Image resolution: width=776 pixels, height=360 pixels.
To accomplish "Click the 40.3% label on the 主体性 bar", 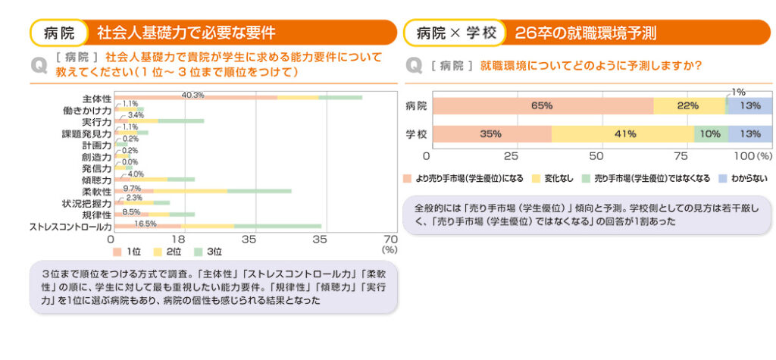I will point(193,95).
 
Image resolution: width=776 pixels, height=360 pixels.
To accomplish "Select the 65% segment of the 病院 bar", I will point(542,106).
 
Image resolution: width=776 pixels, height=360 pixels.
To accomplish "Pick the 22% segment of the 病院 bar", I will point(688,106).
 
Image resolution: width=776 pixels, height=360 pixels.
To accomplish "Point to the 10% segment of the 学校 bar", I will point(711,134).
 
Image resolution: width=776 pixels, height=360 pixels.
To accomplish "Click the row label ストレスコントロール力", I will point(70,226).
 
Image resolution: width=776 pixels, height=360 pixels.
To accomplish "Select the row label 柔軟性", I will point(97,192).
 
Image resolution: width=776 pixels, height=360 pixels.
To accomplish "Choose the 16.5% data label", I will point(145,224).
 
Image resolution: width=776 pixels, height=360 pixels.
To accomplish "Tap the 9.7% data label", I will point(132,188).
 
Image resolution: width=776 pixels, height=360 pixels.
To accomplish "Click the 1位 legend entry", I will point(128,251).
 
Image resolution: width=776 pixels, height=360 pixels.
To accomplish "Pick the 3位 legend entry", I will point(208,251).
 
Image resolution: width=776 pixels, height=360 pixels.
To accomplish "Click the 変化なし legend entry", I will point(557,178).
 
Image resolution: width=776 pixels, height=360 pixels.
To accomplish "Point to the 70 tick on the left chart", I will point(391,239).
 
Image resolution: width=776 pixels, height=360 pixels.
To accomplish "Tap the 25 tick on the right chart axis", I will point(511,155).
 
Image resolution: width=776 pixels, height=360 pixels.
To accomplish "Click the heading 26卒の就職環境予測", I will point(585,33).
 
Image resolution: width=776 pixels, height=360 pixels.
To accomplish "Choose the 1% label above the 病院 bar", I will point(738,91).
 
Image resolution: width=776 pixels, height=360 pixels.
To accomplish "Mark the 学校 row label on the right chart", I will point(416,134).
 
